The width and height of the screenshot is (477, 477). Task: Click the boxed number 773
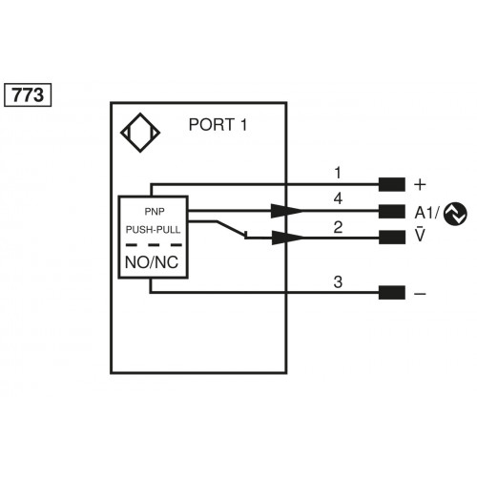(29, 95)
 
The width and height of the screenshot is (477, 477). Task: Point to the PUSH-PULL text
(153, 230)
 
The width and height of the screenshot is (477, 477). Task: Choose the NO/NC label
(153, 261)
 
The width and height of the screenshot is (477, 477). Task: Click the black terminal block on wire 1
(391, 184)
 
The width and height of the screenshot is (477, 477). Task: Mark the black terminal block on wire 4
(391, 211)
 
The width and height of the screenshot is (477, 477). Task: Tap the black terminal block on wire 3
(391, 293)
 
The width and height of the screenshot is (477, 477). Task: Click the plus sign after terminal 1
(420, 184)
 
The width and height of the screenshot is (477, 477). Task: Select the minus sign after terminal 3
(420, 294)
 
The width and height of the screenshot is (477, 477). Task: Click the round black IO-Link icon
(456, 213)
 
